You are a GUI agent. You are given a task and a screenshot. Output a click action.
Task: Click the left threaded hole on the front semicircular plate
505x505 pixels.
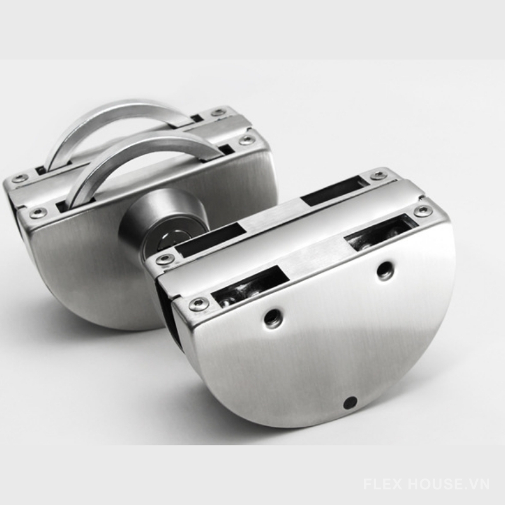[x=273, y=318]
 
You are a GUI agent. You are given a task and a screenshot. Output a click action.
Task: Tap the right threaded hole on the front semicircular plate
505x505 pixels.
[x=385, y=270]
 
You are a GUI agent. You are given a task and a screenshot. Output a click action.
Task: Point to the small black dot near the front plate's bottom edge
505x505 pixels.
[x=350, y=402]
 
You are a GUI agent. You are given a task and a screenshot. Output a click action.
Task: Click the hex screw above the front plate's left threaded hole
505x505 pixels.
[x=199, y=304]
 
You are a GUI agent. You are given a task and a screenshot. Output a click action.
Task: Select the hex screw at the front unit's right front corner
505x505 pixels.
[x=423, y=211]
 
